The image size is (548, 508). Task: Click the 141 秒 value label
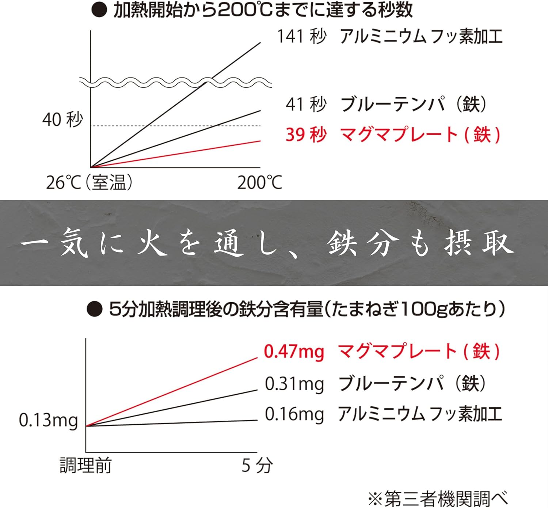click(301, 37)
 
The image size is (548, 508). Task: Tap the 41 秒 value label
click(306, 104)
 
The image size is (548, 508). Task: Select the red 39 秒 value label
click(306, 134)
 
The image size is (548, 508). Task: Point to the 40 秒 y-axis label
click(62, 120)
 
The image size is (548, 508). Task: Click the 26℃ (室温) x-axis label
click(89, 182)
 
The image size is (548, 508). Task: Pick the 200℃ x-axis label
click(260, 182)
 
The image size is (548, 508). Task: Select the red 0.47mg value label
click(294, 352)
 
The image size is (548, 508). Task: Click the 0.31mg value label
click(294, 384)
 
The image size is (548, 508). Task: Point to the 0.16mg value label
click(294, 414)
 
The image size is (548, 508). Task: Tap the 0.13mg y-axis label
click(48, 420)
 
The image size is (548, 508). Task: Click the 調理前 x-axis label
click(85, 466)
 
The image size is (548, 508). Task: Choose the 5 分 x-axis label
click(257, 466)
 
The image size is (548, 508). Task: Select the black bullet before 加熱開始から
click(99, 11)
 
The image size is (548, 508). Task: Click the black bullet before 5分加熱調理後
click(94, 310)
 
